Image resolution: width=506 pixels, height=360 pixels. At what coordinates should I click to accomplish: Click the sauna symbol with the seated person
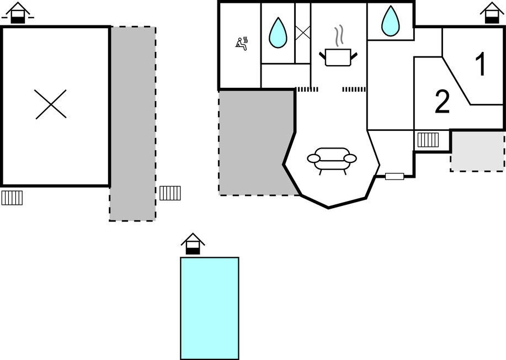242,43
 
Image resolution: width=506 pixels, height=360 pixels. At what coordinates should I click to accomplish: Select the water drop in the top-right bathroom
391,21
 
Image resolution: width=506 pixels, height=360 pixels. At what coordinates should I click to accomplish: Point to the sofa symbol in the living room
332,159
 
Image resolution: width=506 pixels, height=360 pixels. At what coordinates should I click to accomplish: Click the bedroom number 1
481,65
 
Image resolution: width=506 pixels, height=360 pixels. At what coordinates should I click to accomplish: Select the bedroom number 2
442,102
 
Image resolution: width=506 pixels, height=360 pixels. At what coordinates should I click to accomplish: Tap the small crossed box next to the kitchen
303,33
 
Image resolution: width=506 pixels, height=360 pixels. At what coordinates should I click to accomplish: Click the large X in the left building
51,104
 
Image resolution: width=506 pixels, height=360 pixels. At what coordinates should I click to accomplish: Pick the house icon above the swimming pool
193,243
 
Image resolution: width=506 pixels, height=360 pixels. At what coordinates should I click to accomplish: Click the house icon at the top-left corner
19,13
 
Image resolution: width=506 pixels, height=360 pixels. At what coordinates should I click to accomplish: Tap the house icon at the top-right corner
491,13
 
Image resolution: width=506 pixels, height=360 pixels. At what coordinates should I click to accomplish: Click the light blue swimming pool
210,308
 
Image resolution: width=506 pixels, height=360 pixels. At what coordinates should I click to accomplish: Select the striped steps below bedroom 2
428,140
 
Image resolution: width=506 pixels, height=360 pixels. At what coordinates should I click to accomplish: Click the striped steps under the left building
12,197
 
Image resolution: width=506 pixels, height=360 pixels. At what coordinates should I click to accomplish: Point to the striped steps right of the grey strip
170,193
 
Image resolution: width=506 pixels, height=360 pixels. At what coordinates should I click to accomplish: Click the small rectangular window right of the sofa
395,177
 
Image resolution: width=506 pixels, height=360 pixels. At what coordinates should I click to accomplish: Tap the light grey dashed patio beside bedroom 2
477,151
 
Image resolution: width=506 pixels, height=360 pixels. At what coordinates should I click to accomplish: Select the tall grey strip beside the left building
132,124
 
